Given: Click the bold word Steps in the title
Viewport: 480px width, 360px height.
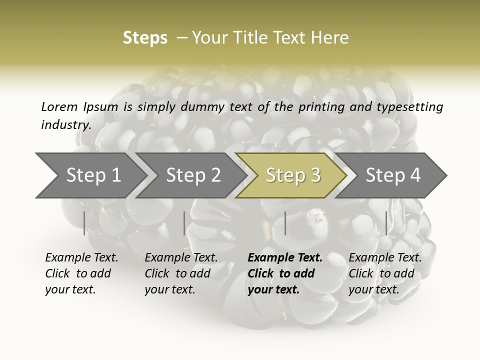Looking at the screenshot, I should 145,38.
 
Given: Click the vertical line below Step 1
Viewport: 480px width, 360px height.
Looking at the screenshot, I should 84,223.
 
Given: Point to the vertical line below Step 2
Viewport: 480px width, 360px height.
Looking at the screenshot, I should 184,223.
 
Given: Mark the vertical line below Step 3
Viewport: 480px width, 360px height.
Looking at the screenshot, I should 285,223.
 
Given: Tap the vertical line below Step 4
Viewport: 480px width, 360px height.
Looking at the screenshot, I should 386,223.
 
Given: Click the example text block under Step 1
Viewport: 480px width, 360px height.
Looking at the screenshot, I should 81,273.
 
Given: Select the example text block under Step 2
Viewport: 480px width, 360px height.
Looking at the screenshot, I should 181,273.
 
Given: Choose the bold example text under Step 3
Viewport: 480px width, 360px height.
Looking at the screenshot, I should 285,273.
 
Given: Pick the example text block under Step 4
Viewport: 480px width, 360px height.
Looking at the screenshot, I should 385,273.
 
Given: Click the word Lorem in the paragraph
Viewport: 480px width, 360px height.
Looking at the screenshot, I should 59,106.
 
